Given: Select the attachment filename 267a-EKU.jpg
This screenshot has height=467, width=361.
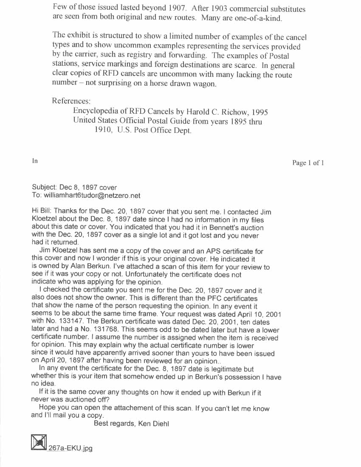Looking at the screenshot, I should [71, 448].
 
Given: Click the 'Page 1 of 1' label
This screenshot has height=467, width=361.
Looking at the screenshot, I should [308, 163].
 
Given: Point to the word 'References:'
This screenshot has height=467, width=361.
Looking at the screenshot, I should [71, 101].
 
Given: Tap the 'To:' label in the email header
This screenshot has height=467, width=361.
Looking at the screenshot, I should [37, 196].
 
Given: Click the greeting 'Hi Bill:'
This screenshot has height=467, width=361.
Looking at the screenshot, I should [42, 211].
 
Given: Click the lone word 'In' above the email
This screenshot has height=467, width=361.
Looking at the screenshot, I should [35, 161].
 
